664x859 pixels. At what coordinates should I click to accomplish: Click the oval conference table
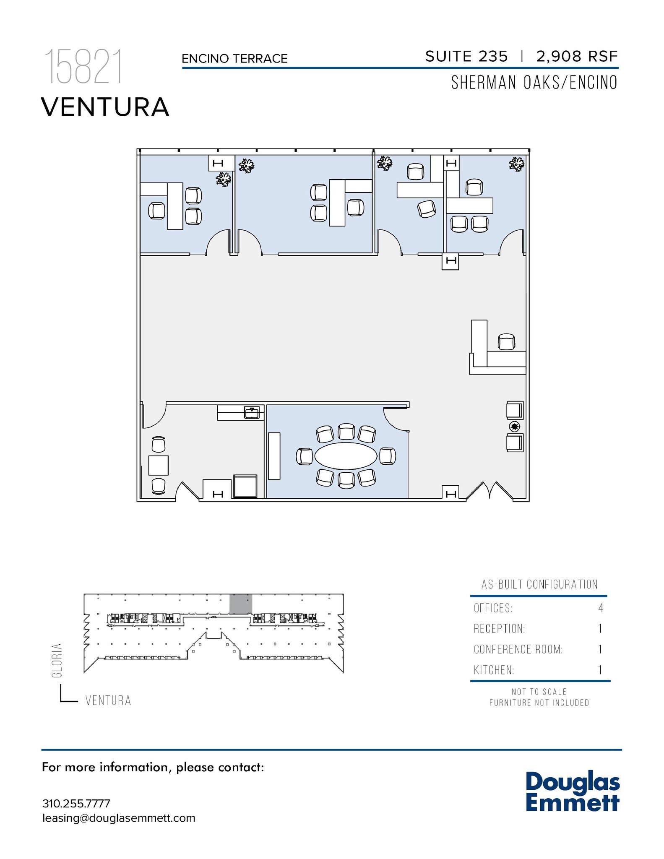pos(346,456)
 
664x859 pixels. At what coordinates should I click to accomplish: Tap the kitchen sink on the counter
pos(252,413)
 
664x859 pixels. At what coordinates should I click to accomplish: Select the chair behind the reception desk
pos(506,342)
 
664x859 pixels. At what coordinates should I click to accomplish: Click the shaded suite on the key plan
pos(241,604)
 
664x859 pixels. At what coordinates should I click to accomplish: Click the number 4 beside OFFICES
pos(601,608)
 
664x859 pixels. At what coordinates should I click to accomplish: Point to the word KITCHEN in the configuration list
pos(494,670)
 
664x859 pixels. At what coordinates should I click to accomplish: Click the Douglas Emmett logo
pos(572,791)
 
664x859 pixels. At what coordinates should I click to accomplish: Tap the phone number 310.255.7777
pos(76,803)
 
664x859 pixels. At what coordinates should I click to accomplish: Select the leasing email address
pos(119,818)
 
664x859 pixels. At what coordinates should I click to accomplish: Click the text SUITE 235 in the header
pos(466,56)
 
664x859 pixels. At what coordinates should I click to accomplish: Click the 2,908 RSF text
pos(577,56)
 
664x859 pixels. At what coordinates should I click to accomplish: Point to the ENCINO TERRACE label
pos(234,59)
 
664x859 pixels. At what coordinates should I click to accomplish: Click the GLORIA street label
pos(57,660)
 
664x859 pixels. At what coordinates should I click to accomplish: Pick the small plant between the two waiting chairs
pos(515,427)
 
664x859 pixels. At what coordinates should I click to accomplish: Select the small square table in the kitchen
pos(159,465)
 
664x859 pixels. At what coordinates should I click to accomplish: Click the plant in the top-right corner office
pos(517,164)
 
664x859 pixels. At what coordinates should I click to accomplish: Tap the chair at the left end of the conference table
pos(304,456)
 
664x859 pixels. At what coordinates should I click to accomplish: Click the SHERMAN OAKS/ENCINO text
pos(534,83)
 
